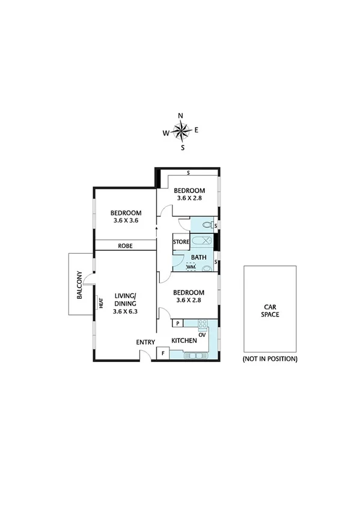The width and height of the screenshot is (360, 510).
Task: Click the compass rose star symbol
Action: point(181,129)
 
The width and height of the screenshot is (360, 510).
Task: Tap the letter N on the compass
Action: point(180,115)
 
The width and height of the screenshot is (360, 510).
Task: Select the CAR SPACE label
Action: point(269,310)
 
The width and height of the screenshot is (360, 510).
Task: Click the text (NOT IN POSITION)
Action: point(270,358)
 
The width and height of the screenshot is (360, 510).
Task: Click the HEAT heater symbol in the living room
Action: point(102,304)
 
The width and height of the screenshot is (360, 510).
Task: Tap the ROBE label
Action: point(125,246)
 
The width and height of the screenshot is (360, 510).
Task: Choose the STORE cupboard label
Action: point(181,242)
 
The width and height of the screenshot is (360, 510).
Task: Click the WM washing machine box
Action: point(191,267)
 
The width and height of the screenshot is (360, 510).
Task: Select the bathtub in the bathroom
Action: point(202,242)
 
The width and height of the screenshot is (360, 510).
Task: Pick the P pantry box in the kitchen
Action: point(178,324)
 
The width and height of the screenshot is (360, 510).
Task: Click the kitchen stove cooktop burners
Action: point(203,325)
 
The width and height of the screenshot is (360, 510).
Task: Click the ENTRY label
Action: point(145,342)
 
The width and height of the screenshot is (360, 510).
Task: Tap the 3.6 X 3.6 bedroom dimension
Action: point(126,221)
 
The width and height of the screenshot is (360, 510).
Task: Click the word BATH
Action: point(198,258)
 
